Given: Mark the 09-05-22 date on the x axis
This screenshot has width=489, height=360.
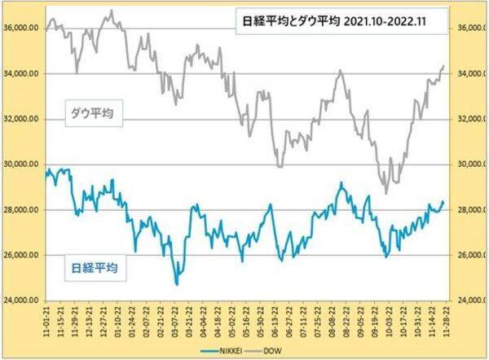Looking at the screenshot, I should pyautogui.click(x=359, y=320).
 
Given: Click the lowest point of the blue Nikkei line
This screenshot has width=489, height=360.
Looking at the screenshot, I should pyautogui.click(x=176, y=284).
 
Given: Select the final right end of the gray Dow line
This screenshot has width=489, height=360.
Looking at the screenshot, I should pyautogui.click(x=443, y=66).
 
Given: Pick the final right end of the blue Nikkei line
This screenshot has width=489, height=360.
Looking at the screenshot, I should pyautogui.click(x=443, y=201).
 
